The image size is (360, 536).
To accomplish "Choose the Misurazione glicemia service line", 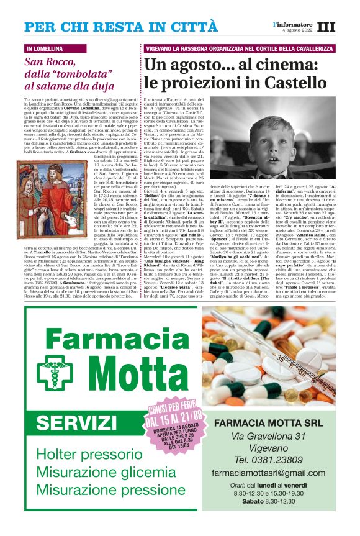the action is click(97, 472).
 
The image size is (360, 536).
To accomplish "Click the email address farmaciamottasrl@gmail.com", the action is click(275, 473).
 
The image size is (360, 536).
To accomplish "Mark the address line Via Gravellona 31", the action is click(275, 437).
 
